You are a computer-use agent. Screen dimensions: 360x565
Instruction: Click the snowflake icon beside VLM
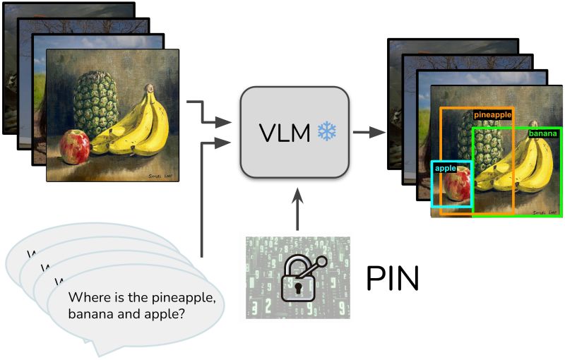point(327,131)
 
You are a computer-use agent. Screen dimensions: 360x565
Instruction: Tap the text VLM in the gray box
point(285,132)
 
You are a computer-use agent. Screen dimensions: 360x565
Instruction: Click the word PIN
point(392,280)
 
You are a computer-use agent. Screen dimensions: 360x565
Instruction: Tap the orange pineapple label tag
point(492,114)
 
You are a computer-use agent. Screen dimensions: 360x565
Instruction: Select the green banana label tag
point(542,133)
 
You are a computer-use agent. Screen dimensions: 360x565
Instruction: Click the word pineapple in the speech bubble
point(184,296)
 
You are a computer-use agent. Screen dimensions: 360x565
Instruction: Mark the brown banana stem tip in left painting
point(149,88)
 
